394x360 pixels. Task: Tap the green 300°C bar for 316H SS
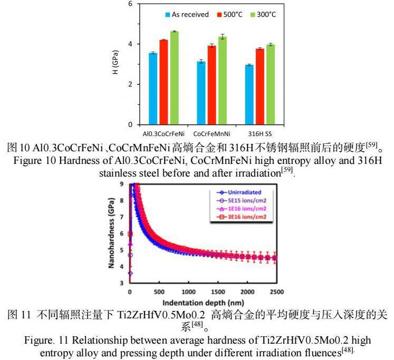(270, 84)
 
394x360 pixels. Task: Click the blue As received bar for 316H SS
(249, 94)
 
